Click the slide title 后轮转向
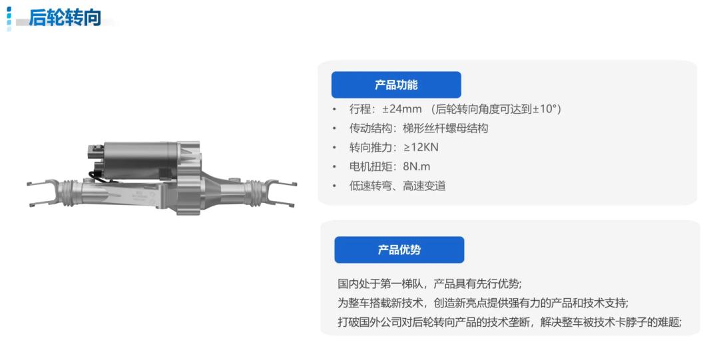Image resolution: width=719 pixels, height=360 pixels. click(65, 17)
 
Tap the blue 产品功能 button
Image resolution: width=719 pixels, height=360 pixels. click(396, 85)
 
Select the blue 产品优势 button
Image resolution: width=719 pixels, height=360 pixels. click(399, 250)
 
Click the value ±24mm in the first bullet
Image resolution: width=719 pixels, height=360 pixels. click(401, 109)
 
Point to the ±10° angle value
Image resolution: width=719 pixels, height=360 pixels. click(544, 109)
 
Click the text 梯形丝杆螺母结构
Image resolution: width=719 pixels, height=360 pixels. click(445, 128)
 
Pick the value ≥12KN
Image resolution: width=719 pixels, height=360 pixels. click(421, 148)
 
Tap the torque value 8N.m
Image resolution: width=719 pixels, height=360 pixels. click(416, 167)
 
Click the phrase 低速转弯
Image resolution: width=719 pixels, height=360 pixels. click(371, 186)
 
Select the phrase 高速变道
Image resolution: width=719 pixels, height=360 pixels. click(424, 186)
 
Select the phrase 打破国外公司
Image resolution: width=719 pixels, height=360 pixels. click(369, 322)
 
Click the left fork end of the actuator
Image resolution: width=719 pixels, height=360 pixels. click(43, 192)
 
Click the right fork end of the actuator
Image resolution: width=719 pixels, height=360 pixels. click(280, 192)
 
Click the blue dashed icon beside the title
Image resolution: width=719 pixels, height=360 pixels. click(9, 19)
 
